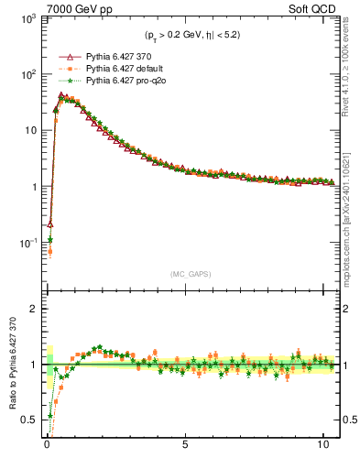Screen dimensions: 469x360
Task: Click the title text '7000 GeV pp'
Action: tap(73, 8)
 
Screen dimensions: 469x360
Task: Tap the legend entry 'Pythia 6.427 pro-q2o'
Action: tap(125, 81)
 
